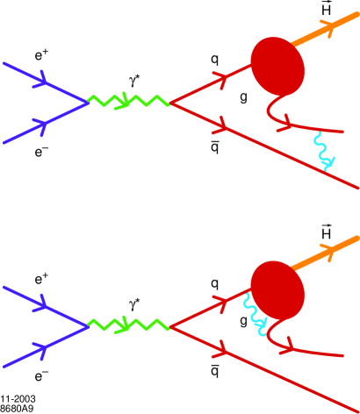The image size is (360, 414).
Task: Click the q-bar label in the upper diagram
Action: (x=214, y=148)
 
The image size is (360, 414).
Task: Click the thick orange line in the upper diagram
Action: (x=328, y=32)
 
